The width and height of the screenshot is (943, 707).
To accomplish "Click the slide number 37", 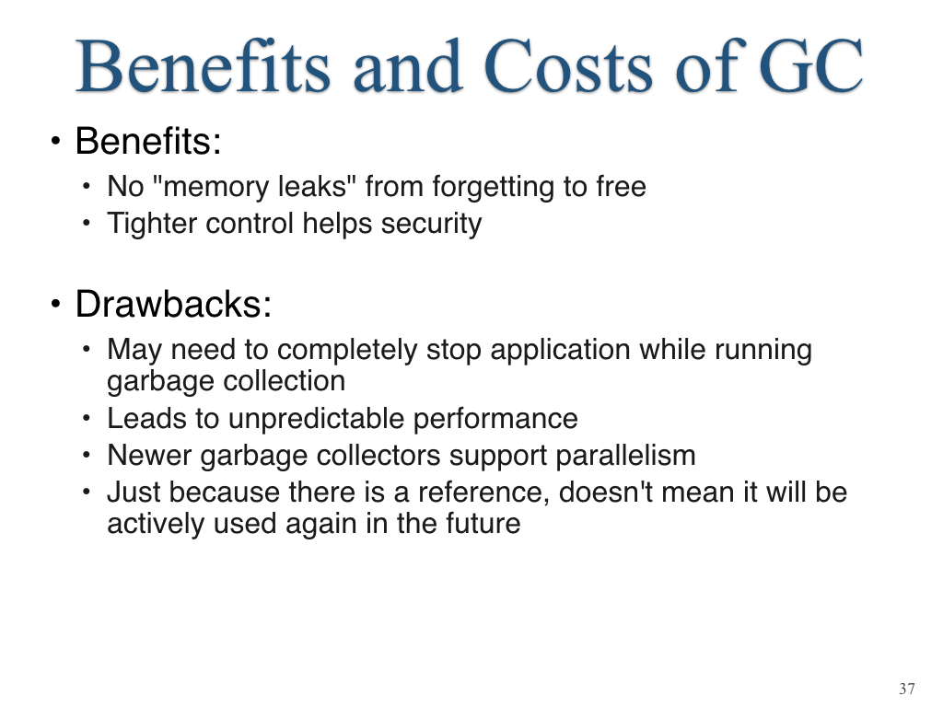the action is coord(907,689).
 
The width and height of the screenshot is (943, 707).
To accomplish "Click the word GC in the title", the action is coord(810,66).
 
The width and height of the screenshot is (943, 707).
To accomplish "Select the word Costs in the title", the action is coord(567,66).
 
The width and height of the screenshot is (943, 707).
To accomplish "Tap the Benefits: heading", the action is coord(148,141).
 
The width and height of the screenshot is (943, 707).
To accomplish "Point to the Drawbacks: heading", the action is coord(173,304).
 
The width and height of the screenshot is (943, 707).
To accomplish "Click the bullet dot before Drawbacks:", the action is coord(56,304).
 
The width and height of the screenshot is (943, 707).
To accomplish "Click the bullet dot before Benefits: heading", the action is coord(56,141).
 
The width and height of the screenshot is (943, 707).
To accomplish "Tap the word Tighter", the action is coord(152,223).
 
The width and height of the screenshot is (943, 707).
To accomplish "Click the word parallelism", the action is coord(625,455).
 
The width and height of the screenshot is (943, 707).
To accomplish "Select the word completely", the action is coord(347,350).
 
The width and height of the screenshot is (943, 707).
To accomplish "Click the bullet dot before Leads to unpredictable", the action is coord(87,418).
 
